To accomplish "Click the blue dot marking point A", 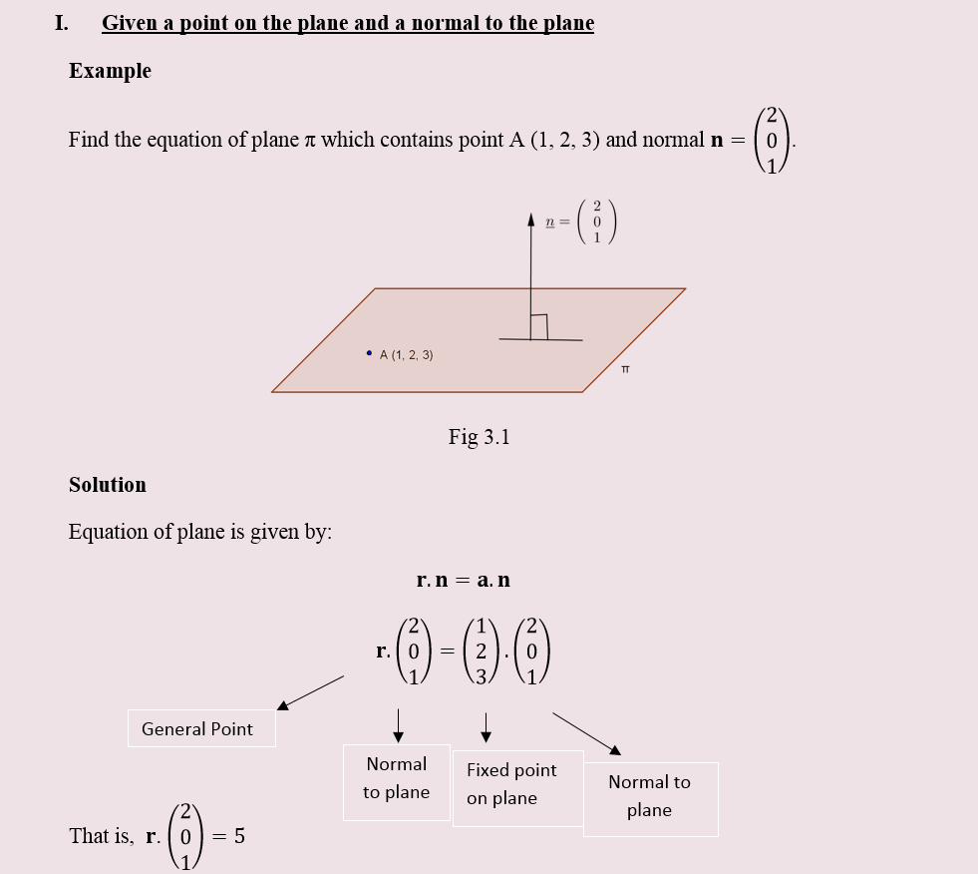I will pos(369,353).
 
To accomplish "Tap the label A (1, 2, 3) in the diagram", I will pos(406,355).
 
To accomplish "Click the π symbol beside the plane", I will pos(625,370).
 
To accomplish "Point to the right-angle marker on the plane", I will pos(539,326).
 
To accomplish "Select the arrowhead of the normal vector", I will pos(531,218).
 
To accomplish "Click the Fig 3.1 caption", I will pos(479,437).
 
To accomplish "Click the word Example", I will pos(110,71).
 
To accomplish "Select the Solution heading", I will pos(108,485).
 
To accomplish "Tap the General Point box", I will pos(200,728).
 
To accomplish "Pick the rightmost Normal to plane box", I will pos(650,797).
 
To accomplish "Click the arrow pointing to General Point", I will pos(309,692).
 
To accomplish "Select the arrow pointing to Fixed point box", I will pos(486,727).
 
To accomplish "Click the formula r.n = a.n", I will pos(463,580).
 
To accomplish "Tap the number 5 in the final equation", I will pos(239,836).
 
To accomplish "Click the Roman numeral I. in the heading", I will pos(62,23).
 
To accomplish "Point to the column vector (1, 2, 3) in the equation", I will pos(482,652).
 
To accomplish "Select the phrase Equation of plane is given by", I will pos(199,532).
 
